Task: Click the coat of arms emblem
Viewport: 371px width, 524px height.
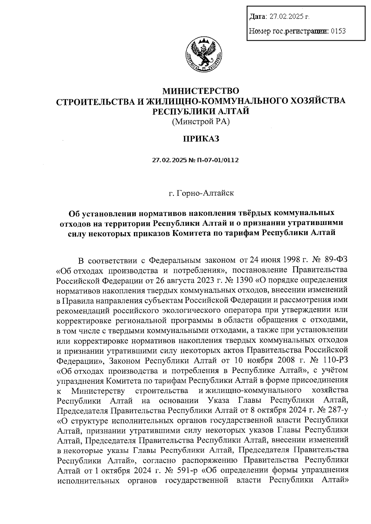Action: click(x=202, y=56)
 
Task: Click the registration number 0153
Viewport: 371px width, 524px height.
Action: click(x=338, y=31)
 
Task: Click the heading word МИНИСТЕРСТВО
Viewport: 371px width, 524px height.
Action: click(x=201, y=91)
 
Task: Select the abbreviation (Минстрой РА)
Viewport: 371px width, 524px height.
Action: click(x=201, y=122)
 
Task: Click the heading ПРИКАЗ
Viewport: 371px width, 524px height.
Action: click(x=201, y=139)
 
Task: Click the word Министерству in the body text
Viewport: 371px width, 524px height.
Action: click(x=98, y=391)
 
